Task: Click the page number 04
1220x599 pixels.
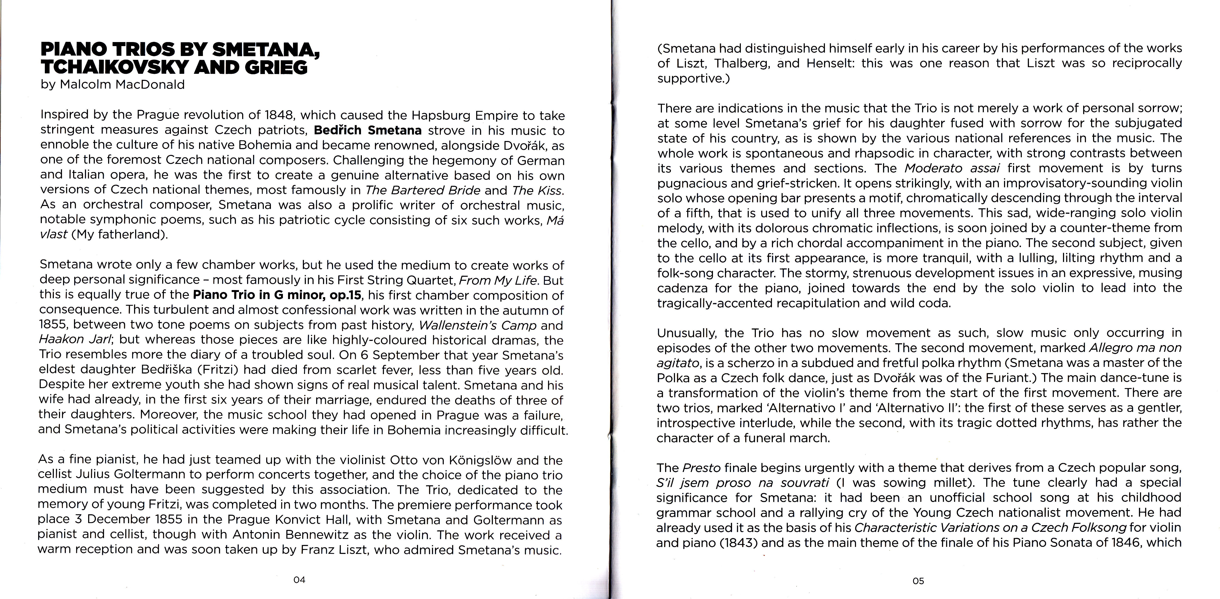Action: (299, 579)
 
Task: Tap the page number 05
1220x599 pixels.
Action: (918, 581)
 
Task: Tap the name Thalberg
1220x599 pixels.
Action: (740, 63)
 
